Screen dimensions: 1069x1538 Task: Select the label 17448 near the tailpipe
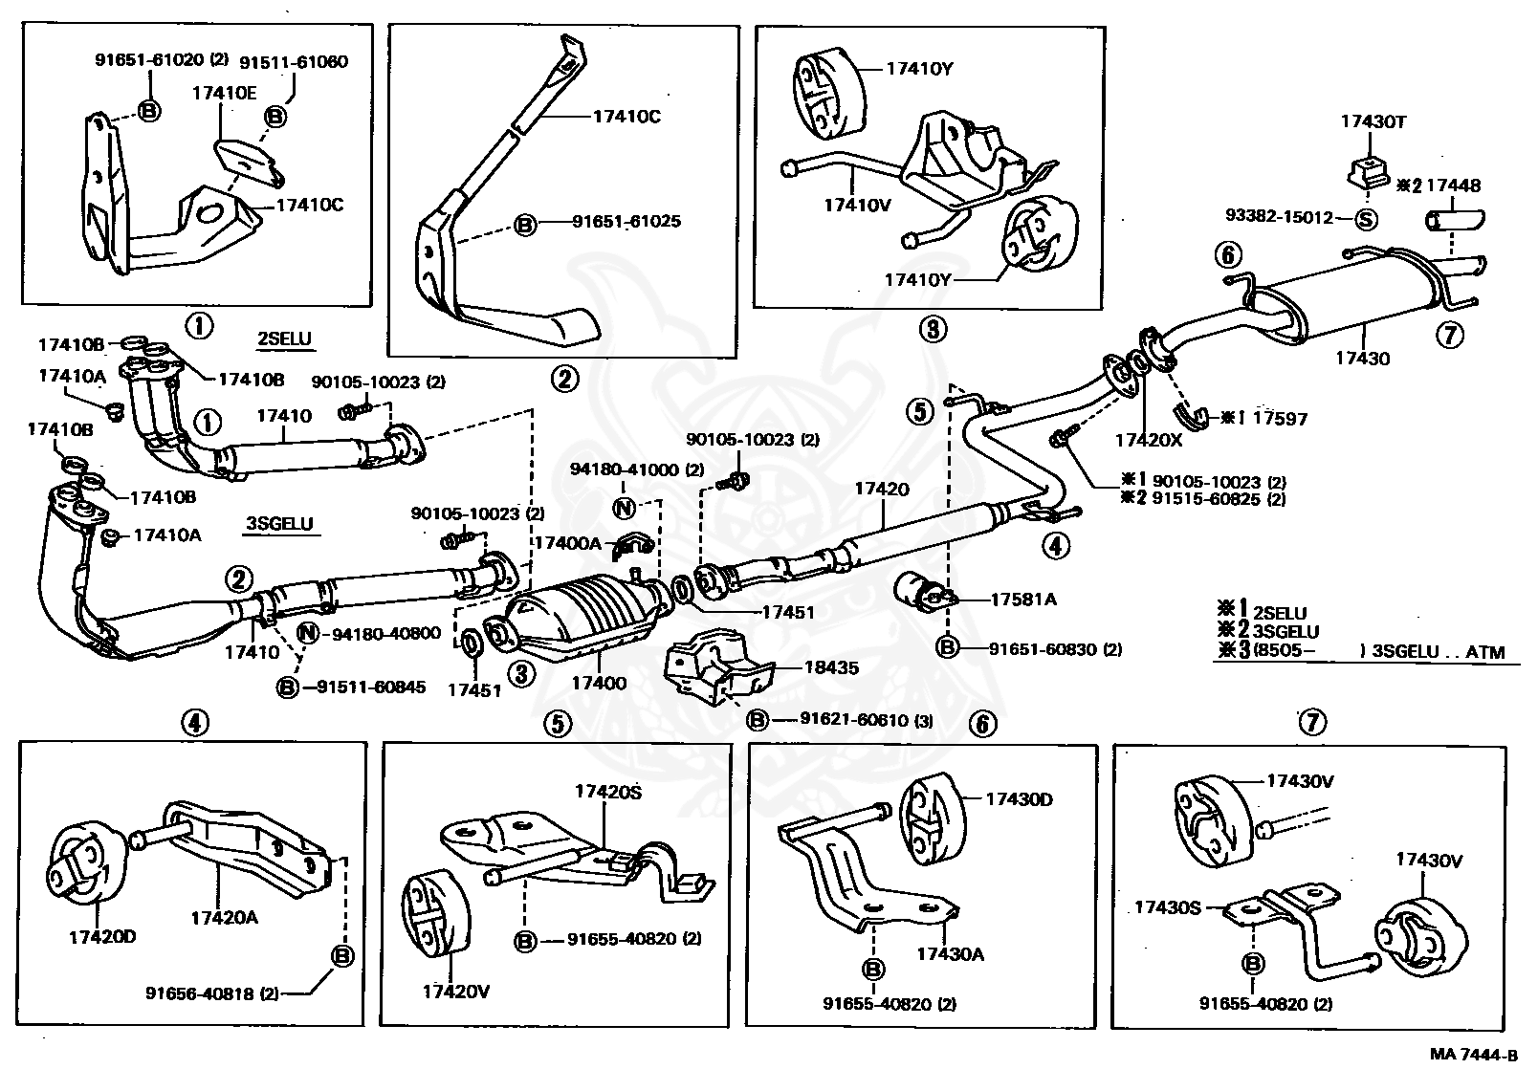[x=1448, y=185]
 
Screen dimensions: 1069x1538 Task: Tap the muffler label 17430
[x=1362, y=360]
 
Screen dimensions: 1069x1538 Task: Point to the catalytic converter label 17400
[x=599, y=683]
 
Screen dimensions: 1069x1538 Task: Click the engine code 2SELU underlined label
[x=285, y=338]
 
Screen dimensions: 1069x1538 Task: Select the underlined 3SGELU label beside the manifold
[x=280, y=524]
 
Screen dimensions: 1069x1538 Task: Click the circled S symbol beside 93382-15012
[x=1368, y=218]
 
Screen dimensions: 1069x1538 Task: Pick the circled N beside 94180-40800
[x=308, y=633]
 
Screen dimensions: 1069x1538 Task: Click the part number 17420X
[x=1149, y=441]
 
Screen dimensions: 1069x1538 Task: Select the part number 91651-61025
[x=626, y=222]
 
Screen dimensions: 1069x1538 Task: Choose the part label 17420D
[x=101, y=936]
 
